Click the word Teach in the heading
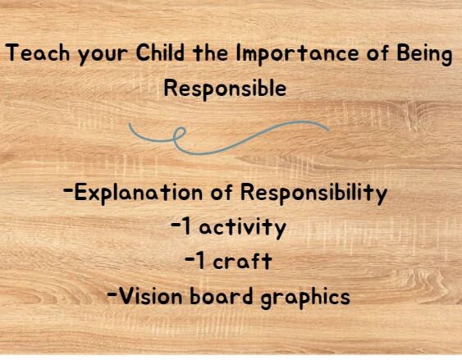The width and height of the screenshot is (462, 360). (34, 56)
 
